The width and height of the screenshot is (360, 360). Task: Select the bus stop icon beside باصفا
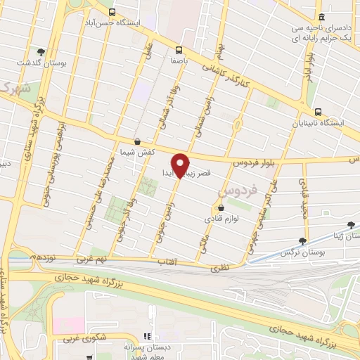click(179, 50)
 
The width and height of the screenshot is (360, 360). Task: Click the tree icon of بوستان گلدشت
click(41, 51)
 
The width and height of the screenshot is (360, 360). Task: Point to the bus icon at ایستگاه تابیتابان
click(319, 111)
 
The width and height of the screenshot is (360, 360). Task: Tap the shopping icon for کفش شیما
click(136, 141)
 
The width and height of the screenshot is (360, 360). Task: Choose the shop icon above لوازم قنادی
click(221, 207)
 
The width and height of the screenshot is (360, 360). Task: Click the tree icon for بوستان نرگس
click(302, 240)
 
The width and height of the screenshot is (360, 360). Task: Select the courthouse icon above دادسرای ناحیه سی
click(321, 17)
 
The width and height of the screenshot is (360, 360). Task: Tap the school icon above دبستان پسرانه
click(147, 337)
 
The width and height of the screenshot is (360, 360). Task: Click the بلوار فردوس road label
click(256, 162)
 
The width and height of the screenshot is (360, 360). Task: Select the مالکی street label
click(205, 245)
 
